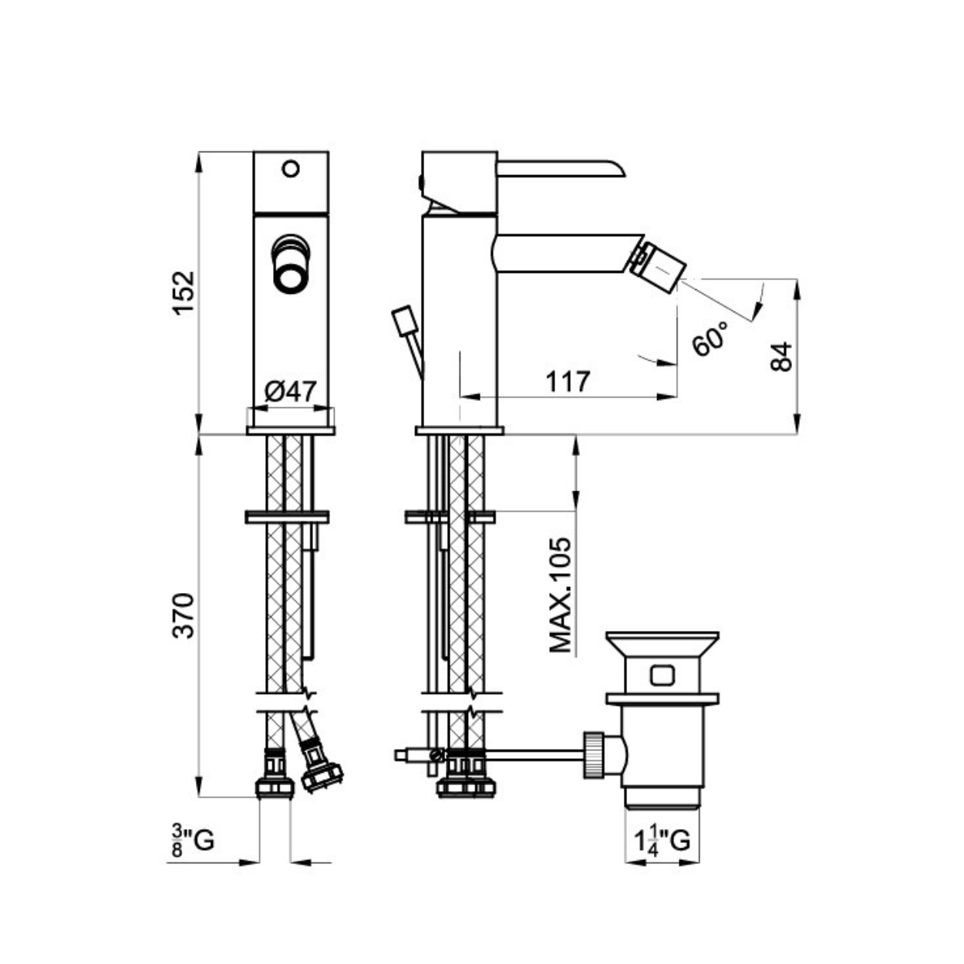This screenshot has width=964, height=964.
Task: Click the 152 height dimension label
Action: [183, 292]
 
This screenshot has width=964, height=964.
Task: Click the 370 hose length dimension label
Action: [183, 615]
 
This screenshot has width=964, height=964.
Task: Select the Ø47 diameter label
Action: [291, 392]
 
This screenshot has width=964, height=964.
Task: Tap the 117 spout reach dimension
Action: [568, 383]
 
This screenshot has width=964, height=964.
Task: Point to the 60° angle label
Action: [710, 339]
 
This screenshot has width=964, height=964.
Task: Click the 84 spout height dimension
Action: [781, 356]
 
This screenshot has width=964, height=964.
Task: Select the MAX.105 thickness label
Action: [560, 595]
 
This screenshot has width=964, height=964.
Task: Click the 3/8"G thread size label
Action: [193, 841]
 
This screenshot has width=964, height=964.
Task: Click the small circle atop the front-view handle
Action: [291, 168]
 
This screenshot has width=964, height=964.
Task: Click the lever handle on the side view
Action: [561, 169]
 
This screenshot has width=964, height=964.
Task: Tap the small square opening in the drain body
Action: [662, 676]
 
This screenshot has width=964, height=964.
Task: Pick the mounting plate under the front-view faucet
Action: [291, 430]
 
